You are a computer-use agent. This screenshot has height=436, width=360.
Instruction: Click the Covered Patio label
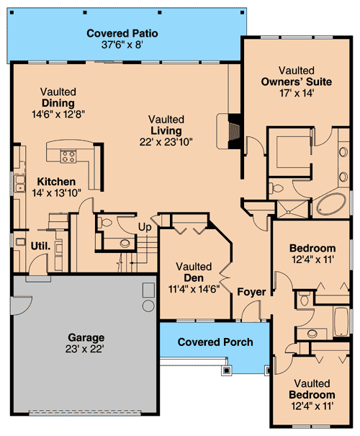coord(122,33)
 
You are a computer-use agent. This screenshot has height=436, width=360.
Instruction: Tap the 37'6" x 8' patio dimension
coord(122,45)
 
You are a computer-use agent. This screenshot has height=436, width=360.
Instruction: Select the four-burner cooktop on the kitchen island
coord(68,156)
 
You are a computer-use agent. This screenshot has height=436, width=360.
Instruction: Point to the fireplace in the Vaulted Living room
coord(232,129)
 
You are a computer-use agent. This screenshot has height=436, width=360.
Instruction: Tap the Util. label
coord(40,246)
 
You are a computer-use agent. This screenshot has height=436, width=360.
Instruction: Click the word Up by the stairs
coord(145,228)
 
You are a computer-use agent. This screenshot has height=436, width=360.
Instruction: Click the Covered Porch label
coord(215,342)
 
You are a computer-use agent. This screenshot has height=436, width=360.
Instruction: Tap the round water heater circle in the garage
coord(148,306)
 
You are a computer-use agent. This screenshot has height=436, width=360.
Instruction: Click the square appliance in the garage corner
coord(148,290)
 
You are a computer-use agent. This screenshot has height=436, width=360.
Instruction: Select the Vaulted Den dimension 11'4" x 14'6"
coord(193,289)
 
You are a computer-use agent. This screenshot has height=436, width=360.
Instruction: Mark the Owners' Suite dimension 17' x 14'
coord(296,94)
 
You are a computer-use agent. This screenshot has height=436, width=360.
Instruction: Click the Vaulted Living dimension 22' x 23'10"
coord(166,142)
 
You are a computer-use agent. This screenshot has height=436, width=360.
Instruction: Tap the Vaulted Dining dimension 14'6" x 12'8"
coord(58,115)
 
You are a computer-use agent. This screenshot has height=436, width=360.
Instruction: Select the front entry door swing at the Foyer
coord(251,311)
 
